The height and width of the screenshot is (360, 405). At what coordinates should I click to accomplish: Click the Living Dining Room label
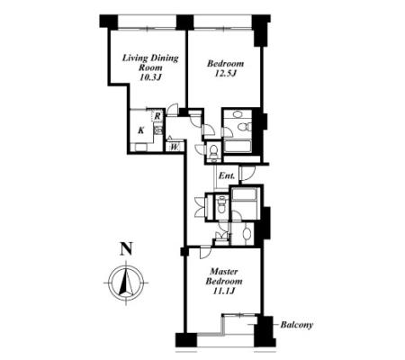150,63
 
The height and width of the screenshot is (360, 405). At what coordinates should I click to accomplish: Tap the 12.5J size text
226,74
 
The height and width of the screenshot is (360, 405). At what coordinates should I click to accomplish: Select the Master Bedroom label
224,276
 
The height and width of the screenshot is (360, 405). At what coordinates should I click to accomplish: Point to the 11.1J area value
223,291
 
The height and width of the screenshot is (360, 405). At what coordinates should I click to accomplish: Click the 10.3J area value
150,77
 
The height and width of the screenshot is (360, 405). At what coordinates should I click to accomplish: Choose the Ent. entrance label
227,175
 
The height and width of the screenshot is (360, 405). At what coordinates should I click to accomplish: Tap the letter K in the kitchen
140,130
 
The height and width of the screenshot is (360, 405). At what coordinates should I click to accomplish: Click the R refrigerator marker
157,115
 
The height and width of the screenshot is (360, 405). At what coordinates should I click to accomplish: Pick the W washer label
175,147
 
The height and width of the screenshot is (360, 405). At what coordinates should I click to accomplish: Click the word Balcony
296,325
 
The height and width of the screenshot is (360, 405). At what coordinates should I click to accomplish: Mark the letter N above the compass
126,249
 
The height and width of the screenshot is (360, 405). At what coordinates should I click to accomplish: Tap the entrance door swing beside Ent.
247,173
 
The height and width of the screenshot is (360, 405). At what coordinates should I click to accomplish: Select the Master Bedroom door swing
206,252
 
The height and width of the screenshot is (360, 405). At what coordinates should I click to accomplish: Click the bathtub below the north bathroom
238,147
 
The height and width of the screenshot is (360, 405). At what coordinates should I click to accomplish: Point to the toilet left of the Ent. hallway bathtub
221,204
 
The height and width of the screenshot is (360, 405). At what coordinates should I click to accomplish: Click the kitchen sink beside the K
158,130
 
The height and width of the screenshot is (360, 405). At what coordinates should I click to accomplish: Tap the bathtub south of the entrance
244,194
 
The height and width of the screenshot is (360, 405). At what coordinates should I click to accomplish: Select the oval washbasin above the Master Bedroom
247,234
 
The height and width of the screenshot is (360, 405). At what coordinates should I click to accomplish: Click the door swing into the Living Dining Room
173,109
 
